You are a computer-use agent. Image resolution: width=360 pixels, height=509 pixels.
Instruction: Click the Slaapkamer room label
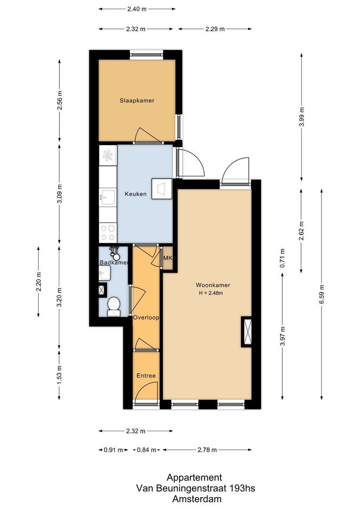click(x=137, y=100)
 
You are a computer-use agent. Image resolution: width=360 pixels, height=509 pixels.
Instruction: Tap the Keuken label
click(x=136, y=194)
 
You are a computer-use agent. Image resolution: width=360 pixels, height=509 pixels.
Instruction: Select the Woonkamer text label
click(x=210, y=285)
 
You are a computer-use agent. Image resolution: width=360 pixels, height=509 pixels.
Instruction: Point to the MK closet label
click(x=168, y=258)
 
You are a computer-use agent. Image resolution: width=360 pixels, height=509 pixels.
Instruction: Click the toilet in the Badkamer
click(x=114, y=306)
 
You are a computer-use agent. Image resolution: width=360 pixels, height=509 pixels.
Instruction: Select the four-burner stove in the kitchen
click(x=108, y=231)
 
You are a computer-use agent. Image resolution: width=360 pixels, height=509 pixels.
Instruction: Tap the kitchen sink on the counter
click(x=107, y=197)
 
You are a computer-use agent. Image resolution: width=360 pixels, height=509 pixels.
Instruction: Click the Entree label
click(x=146, y=376)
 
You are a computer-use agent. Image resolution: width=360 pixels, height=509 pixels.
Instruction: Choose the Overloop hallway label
click(x=146, y=318)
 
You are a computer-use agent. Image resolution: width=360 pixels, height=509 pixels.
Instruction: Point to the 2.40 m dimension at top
click(x=137, y=8)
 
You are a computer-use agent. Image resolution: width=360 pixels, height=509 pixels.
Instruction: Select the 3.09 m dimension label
click(x=59, y=195)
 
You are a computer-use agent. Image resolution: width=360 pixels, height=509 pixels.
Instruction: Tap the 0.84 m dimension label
click(x=147, y=450)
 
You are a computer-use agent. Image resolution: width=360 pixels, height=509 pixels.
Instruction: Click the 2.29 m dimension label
click(x=215, y=29)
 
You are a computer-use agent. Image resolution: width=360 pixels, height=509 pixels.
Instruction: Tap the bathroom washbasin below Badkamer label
click(x=105, y=272)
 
